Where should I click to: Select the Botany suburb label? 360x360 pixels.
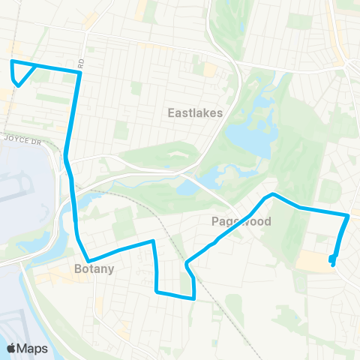[x=94, y=268]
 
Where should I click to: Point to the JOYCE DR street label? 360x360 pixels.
[x=19, y=138]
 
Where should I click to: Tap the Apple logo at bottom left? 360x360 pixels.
[x=13, y=348]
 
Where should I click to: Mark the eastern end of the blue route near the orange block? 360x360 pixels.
[x=333, y=262]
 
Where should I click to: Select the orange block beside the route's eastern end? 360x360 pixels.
[x=315, y=261]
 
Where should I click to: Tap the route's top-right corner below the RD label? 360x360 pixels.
[x=79, y=73]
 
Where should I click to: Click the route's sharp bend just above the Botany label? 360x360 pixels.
[x=89, y=261]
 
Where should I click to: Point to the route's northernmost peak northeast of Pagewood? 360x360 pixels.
[x=273, y=194]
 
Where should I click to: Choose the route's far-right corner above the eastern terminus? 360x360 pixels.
[x=349, y=216]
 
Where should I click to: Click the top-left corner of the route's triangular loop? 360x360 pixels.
[x=11, y=61]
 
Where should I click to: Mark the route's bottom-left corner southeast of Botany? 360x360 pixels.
[x=156, y=290]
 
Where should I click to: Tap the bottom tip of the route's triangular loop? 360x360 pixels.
[x=17, y=85]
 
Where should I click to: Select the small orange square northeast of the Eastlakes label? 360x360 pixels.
[x=209, y=70]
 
